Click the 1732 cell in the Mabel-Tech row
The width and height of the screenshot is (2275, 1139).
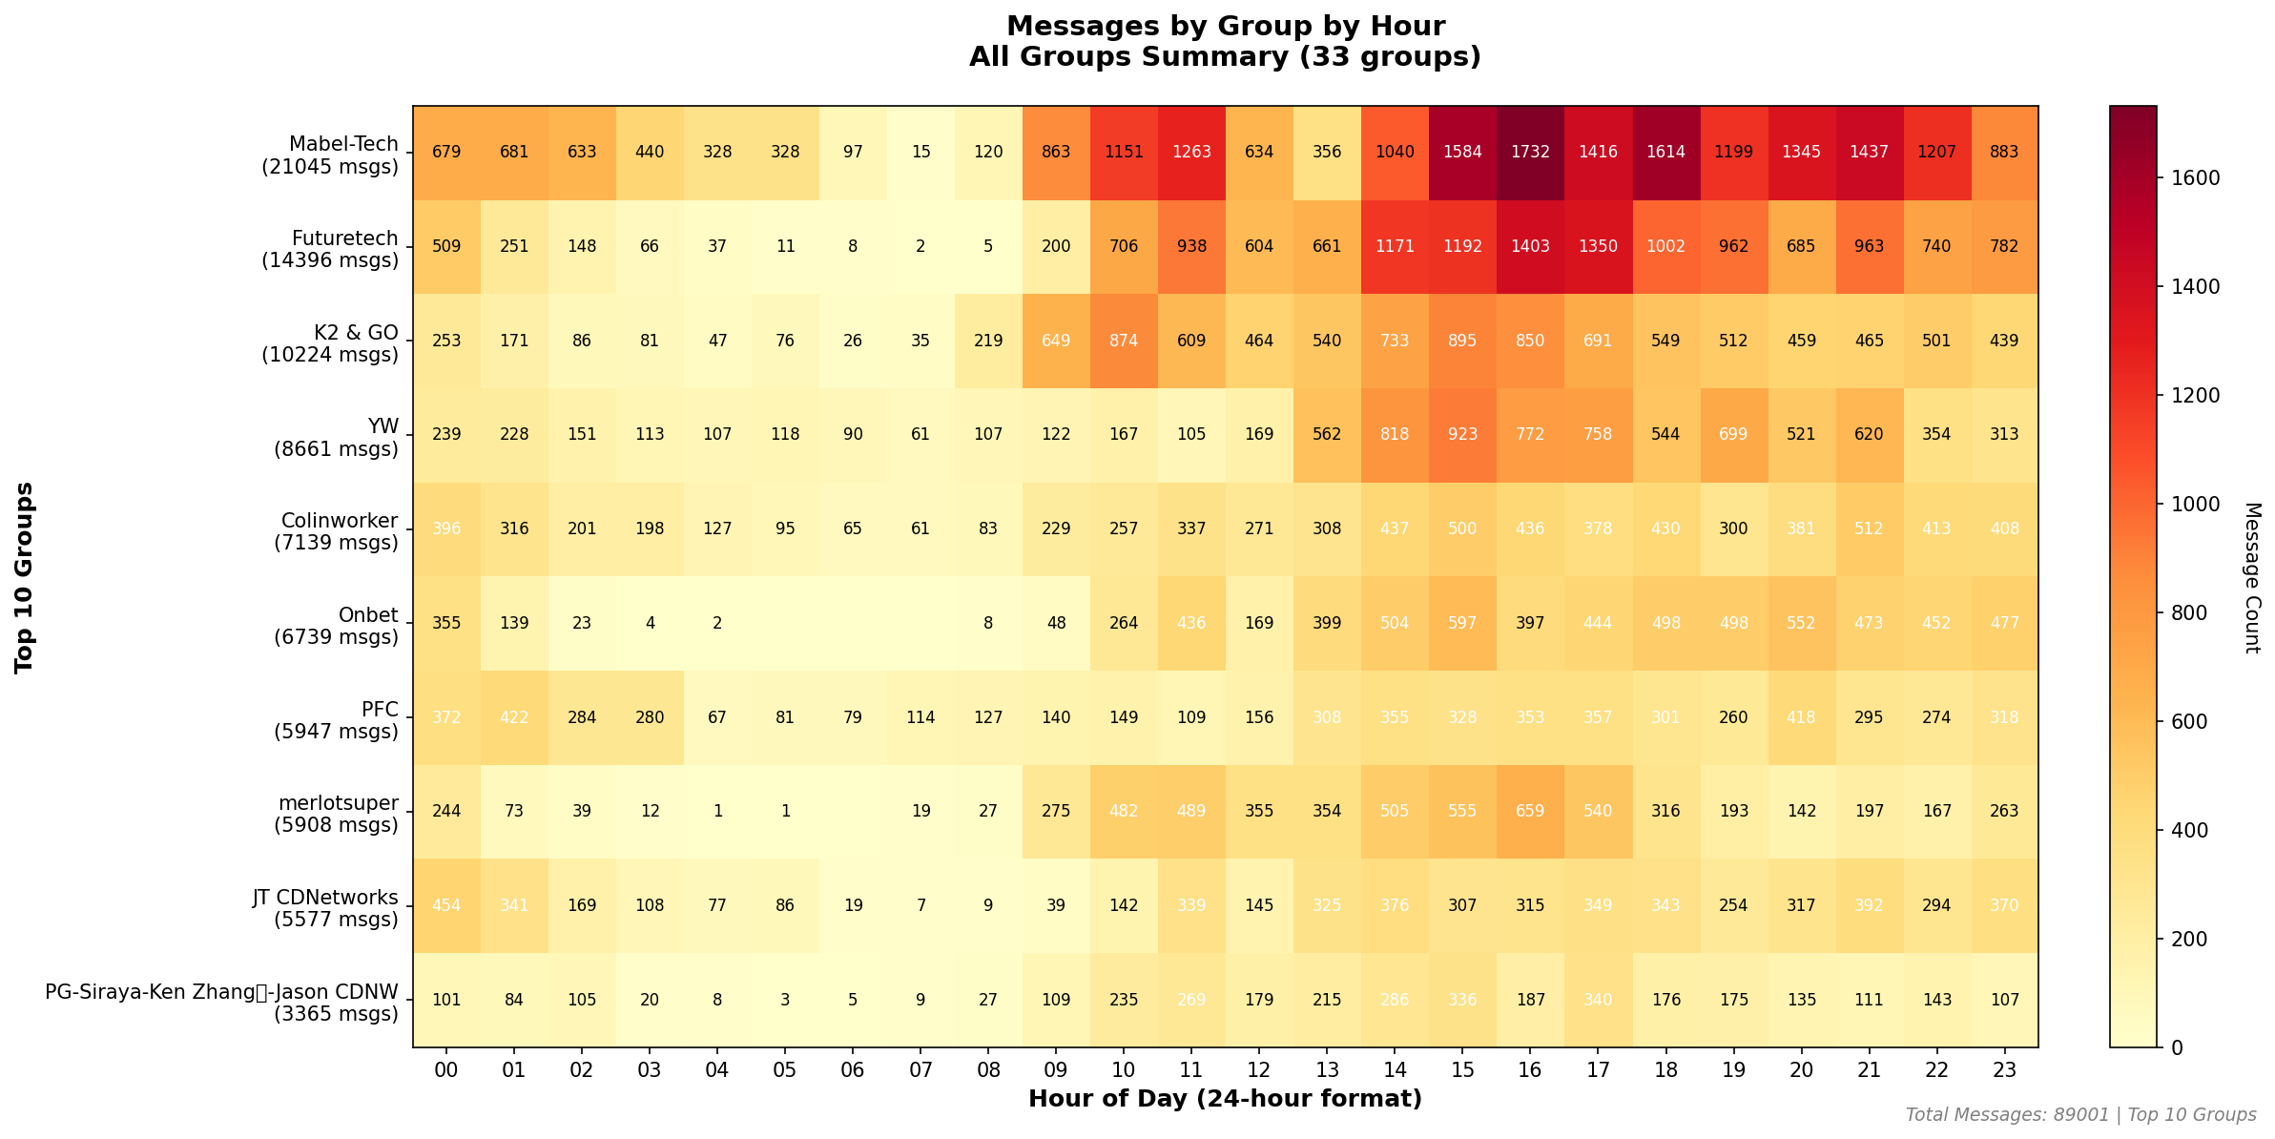(x=1529, y=153)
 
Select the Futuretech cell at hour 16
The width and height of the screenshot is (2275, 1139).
(x=1529, y=246)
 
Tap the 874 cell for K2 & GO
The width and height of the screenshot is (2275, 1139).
(x=1124, y=341)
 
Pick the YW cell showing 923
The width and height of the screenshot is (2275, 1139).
(x=1462, y=435)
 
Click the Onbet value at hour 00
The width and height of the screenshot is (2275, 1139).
(x=446, y=623)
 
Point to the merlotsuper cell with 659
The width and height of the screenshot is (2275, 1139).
(x=1529, y=811)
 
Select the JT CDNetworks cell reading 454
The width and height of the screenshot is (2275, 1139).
(x=446, y=905)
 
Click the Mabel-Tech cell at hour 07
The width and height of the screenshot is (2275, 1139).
(x=920, y=153)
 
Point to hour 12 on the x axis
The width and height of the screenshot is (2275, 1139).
(x=1259, y=1070)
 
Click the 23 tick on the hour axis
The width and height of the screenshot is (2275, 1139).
(x=2004, y=1070)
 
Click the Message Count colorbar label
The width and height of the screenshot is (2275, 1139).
(x=2252, y=577)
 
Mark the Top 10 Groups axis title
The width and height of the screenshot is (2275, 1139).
(x=25, y=577)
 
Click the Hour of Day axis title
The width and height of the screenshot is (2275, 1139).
(x=1225, y=1099)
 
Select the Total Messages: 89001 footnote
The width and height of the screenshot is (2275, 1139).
(x=2080, y=1115)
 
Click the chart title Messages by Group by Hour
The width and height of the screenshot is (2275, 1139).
(x=1225, y=27)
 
